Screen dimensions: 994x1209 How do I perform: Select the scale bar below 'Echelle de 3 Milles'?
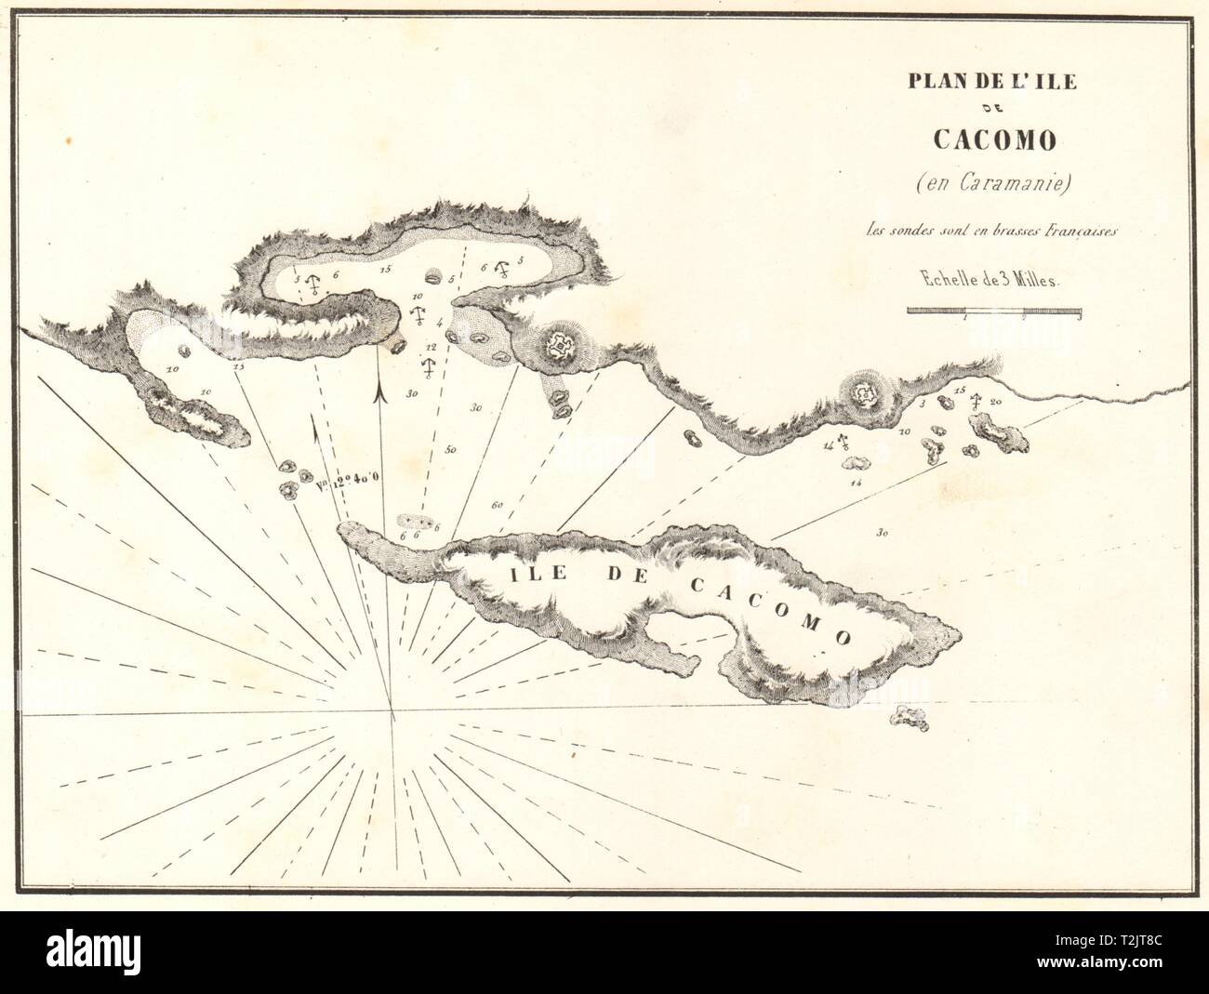pyautogui.click(x=994, y=311)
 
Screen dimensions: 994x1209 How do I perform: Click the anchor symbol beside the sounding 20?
pyautogui.click(x=976, y=401)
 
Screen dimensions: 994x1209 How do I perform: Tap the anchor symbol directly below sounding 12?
pyautogui.click(x=429, y=366)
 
